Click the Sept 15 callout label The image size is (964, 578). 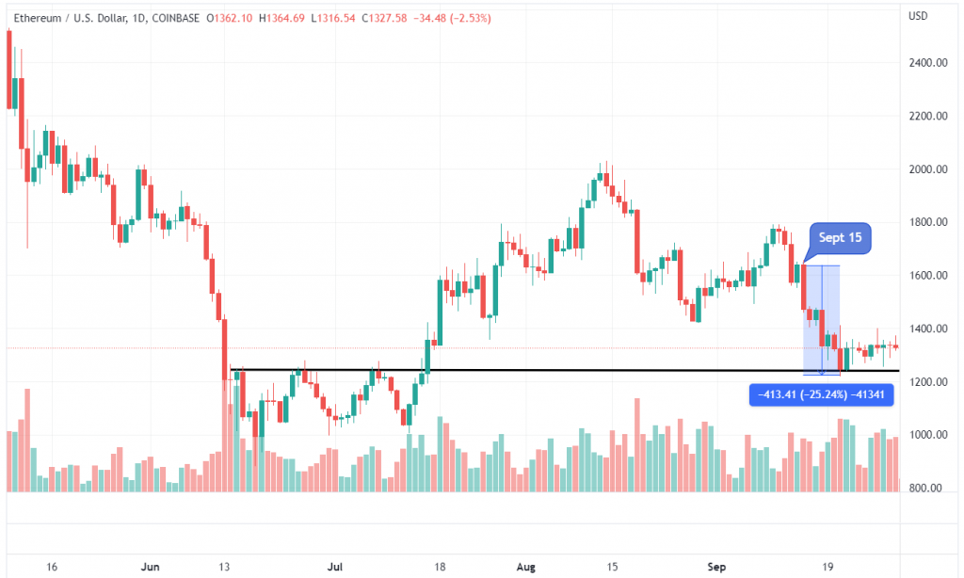point(841,237)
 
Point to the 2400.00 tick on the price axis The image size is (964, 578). point(928,63)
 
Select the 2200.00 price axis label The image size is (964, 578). point(928,117)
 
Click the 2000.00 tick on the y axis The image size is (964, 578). point(928,169)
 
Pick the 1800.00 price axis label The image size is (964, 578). point(928,223)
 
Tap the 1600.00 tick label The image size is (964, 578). point(928,276)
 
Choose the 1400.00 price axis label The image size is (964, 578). point(928,329)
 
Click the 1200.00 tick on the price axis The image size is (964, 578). point(928,382)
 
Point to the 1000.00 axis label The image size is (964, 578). point(928,436)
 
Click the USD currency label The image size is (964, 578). point(919,15)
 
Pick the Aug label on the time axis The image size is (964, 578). point(524,568)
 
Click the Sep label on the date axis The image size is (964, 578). point(717,568)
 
